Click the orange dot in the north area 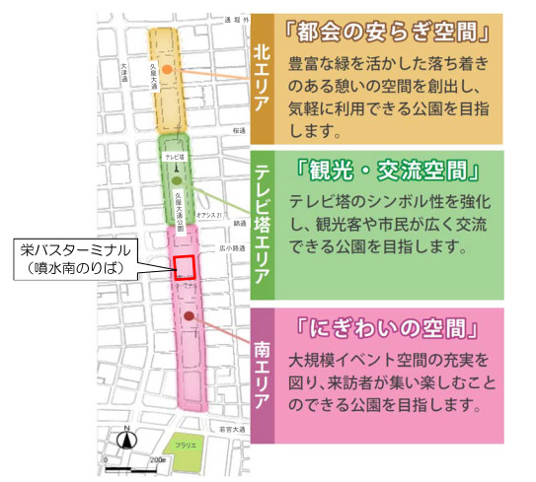(168, 69)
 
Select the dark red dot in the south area (187, 319)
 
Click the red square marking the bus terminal (184, 268)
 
